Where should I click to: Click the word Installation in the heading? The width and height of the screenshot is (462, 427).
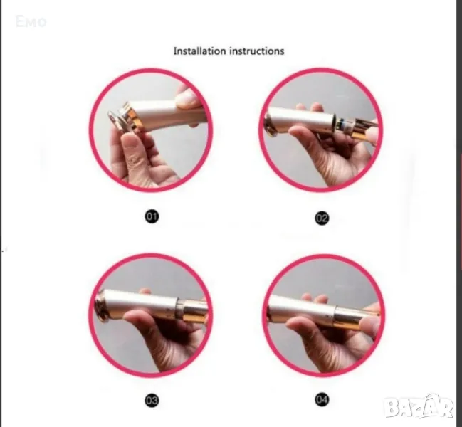pos(199,51)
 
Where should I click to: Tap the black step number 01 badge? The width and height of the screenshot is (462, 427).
pos(152,217)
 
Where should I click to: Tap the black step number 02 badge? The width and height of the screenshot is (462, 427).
pos(322,218)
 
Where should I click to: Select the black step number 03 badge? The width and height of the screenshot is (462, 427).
pos(152,400)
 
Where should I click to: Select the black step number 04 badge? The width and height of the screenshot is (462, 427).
pos(322,399)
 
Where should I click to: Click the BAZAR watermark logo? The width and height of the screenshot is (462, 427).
pos(419,407)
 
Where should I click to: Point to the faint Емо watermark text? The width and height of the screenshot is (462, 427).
pos(31,22)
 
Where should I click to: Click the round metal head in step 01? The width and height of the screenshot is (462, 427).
pos(116,120)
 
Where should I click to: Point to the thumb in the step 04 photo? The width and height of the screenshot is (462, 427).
pos(303,326)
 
